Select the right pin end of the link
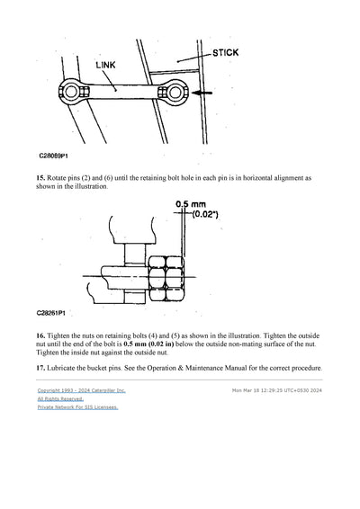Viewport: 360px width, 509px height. [x=179, y=92]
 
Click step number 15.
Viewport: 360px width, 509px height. [x=41, y=179]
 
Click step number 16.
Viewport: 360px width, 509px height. [x=41, y=334]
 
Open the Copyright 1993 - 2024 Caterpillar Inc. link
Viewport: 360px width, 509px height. [x=81, y=391]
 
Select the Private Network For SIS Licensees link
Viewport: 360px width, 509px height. [x=77, y=407]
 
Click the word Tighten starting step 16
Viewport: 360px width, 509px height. [x=65, y=334]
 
